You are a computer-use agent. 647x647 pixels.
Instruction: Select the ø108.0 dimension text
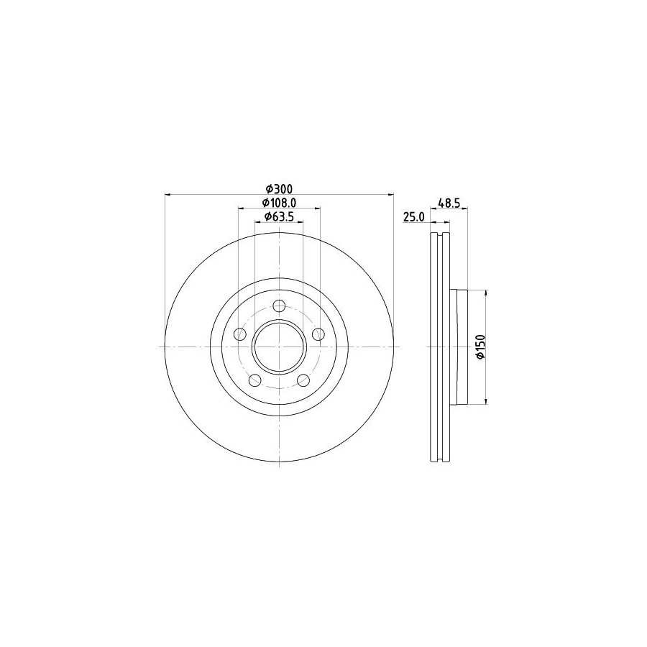280,203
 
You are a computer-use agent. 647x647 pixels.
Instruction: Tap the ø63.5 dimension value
280,216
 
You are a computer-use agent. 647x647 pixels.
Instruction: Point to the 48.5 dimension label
449,203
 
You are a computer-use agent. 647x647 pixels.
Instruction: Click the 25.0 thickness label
413,217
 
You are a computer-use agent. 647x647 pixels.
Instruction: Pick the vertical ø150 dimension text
480,347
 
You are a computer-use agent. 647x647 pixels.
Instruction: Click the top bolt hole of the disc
280,306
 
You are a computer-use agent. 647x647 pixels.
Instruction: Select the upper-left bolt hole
239,334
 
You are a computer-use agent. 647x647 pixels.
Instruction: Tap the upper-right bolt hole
318,334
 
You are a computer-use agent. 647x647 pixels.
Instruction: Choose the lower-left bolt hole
255,380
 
